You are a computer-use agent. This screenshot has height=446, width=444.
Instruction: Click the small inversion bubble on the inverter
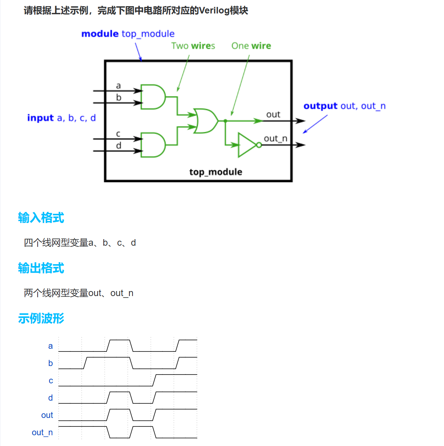point(259,145)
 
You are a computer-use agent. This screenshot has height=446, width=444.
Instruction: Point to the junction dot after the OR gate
point(225,121)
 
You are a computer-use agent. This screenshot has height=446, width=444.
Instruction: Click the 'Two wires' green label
point(193,46)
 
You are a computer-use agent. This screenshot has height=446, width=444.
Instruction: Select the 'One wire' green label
point(251,46)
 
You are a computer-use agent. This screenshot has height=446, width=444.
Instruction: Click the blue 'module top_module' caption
point(128,34)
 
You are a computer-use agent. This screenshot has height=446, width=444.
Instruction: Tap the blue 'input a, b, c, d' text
point(61,118)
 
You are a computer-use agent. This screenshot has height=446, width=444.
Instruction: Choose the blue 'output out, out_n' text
point(344,106)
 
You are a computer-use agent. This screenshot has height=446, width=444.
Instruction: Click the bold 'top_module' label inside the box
point(215,172)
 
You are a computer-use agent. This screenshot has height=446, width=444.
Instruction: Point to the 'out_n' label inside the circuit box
point(275,138)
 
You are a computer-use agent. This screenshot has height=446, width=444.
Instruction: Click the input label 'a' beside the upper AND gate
point(118,86)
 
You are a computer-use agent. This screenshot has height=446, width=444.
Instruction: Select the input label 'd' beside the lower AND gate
point(118,145)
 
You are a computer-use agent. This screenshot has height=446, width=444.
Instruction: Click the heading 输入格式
point(41,218)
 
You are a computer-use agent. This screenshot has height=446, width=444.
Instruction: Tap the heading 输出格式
point(41,268)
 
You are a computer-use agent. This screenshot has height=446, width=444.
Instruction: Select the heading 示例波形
point(41,318)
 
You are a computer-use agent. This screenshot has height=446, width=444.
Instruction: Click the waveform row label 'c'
point(51,381)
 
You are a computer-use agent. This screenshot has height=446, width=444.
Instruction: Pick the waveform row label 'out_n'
point(42,433)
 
